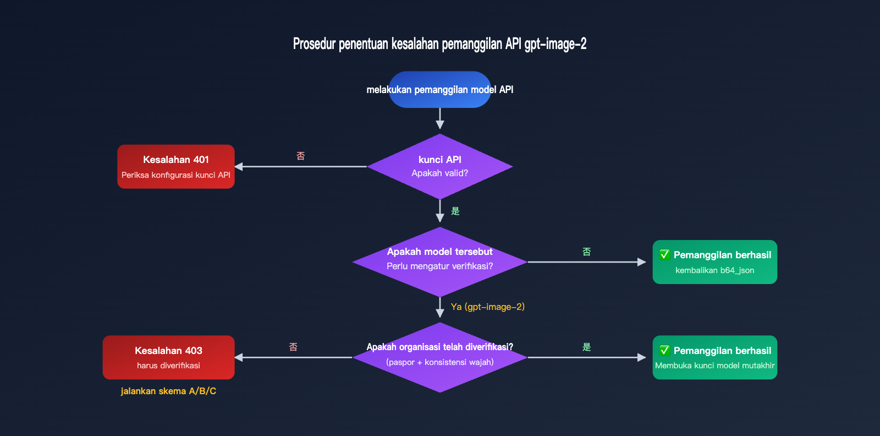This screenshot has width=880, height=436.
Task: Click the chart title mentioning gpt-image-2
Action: click(x=439, y=44)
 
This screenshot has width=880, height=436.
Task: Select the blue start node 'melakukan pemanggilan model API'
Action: click(x=439, y=90)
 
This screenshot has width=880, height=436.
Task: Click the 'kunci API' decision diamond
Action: click(x=439, y=166)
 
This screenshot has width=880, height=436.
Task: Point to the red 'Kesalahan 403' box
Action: click(x=168, y=357)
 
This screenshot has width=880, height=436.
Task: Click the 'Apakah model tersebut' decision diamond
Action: click(x=439, y=261)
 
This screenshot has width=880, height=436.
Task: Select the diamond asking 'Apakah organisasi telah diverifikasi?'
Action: click(x=439, y=357)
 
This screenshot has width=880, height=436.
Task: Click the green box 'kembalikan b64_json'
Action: click(x=714, y=262)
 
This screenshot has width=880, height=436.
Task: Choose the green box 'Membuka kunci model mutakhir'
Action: click(x=714, y=358)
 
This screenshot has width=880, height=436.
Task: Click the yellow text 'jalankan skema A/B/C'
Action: click(x=168, y=391)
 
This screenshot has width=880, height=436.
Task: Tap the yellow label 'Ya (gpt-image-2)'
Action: click(x=487, y=307)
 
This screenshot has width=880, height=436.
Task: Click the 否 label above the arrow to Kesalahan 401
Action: click(x=301, y=156)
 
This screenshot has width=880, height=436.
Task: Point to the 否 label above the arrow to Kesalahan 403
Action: click(x=293, y=347)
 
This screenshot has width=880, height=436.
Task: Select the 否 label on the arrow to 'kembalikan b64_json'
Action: click(x=587, y=252)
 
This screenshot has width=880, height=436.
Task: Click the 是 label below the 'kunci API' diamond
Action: click(x=455, y=211)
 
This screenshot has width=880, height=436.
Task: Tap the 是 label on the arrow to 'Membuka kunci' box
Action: click(x=587, y=347)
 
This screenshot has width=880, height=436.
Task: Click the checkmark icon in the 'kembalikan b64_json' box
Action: click(x=664, y=255)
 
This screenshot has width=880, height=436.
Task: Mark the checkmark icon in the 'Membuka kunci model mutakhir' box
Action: click(x=664, y=351)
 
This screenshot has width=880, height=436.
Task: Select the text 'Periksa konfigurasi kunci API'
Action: click(x=175, y=175)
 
